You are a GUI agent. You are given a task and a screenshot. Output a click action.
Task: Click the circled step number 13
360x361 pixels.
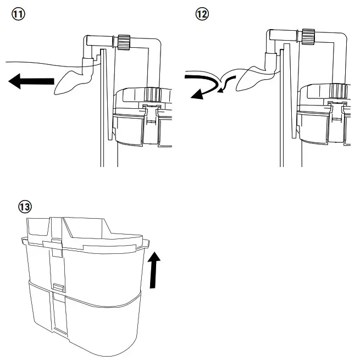[25, 207]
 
